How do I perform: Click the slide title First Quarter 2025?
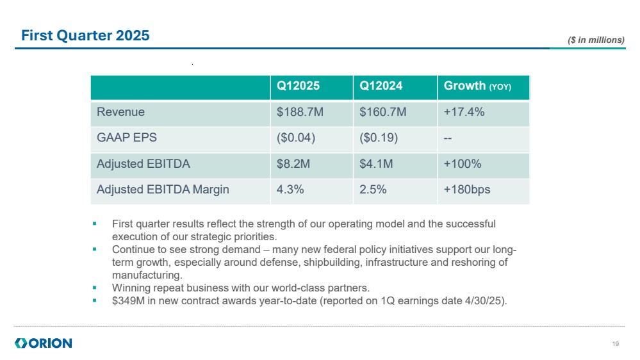click(85, 36)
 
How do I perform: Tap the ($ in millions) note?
click(596, 40)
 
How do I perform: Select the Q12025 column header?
click(298, 86)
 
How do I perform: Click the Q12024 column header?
click(381, 86)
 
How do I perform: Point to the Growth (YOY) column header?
click(477, 86)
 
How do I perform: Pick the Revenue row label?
click(120, 112)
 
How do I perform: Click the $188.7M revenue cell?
click(300, 112)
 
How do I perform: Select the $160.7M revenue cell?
click(382, 112)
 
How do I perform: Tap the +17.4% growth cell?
click(464, 112)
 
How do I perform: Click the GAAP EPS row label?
click(126, 138)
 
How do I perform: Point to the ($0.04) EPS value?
click(295, 138)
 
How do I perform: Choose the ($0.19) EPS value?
click(378, 138)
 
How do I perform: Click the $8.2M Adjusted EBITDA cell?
click(293, 164)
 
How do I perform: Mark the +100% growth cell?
click(462, 164)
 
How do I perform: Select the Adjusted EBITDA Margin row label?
click(163, 190)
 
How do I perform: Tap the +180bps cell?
click(466, 190)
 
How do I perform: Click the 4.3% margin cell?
click(290, 190)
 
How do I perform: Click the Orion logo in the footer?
click(44, 343)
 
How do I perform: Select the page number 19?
click(616, 344)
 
